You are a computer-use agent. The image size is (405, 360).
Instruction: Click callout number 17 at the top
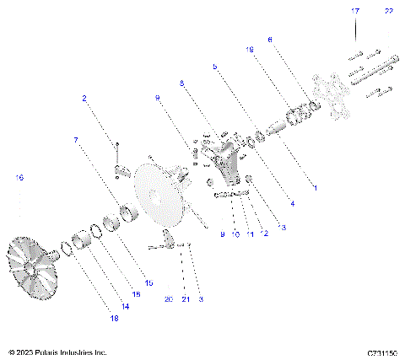(355, 11)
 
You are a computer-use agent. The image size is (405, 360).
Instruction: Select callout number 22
(389, 11)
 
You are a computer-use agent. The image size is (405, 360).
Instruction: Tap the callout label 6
(270, 39)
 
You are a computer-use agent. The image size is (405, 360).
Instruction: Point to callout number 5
(215, 66)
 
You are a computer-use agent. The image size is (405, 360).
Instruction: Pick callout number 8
(181, 82)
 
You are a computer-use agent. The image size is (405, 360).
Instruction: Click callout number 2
(84, 99)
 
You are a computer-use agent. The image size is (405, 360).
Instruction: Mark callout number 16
(19, 177)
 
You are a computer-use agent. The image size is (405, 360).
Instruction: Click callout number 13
(282, 228)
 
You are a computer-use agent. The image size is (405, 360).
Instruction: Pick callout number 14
(126, 307)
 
